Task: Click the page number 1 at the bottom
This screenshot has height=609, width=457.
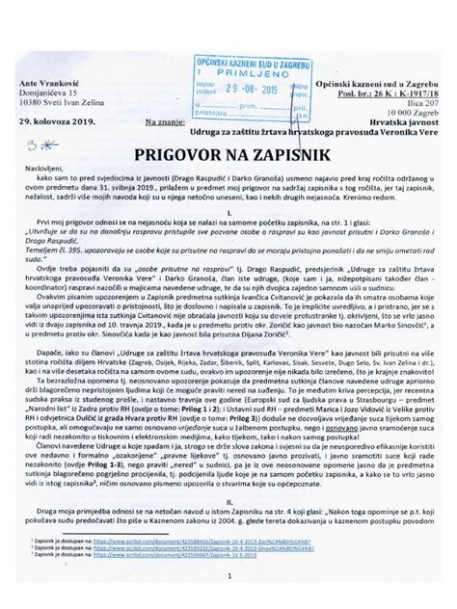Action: [228, 578]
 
